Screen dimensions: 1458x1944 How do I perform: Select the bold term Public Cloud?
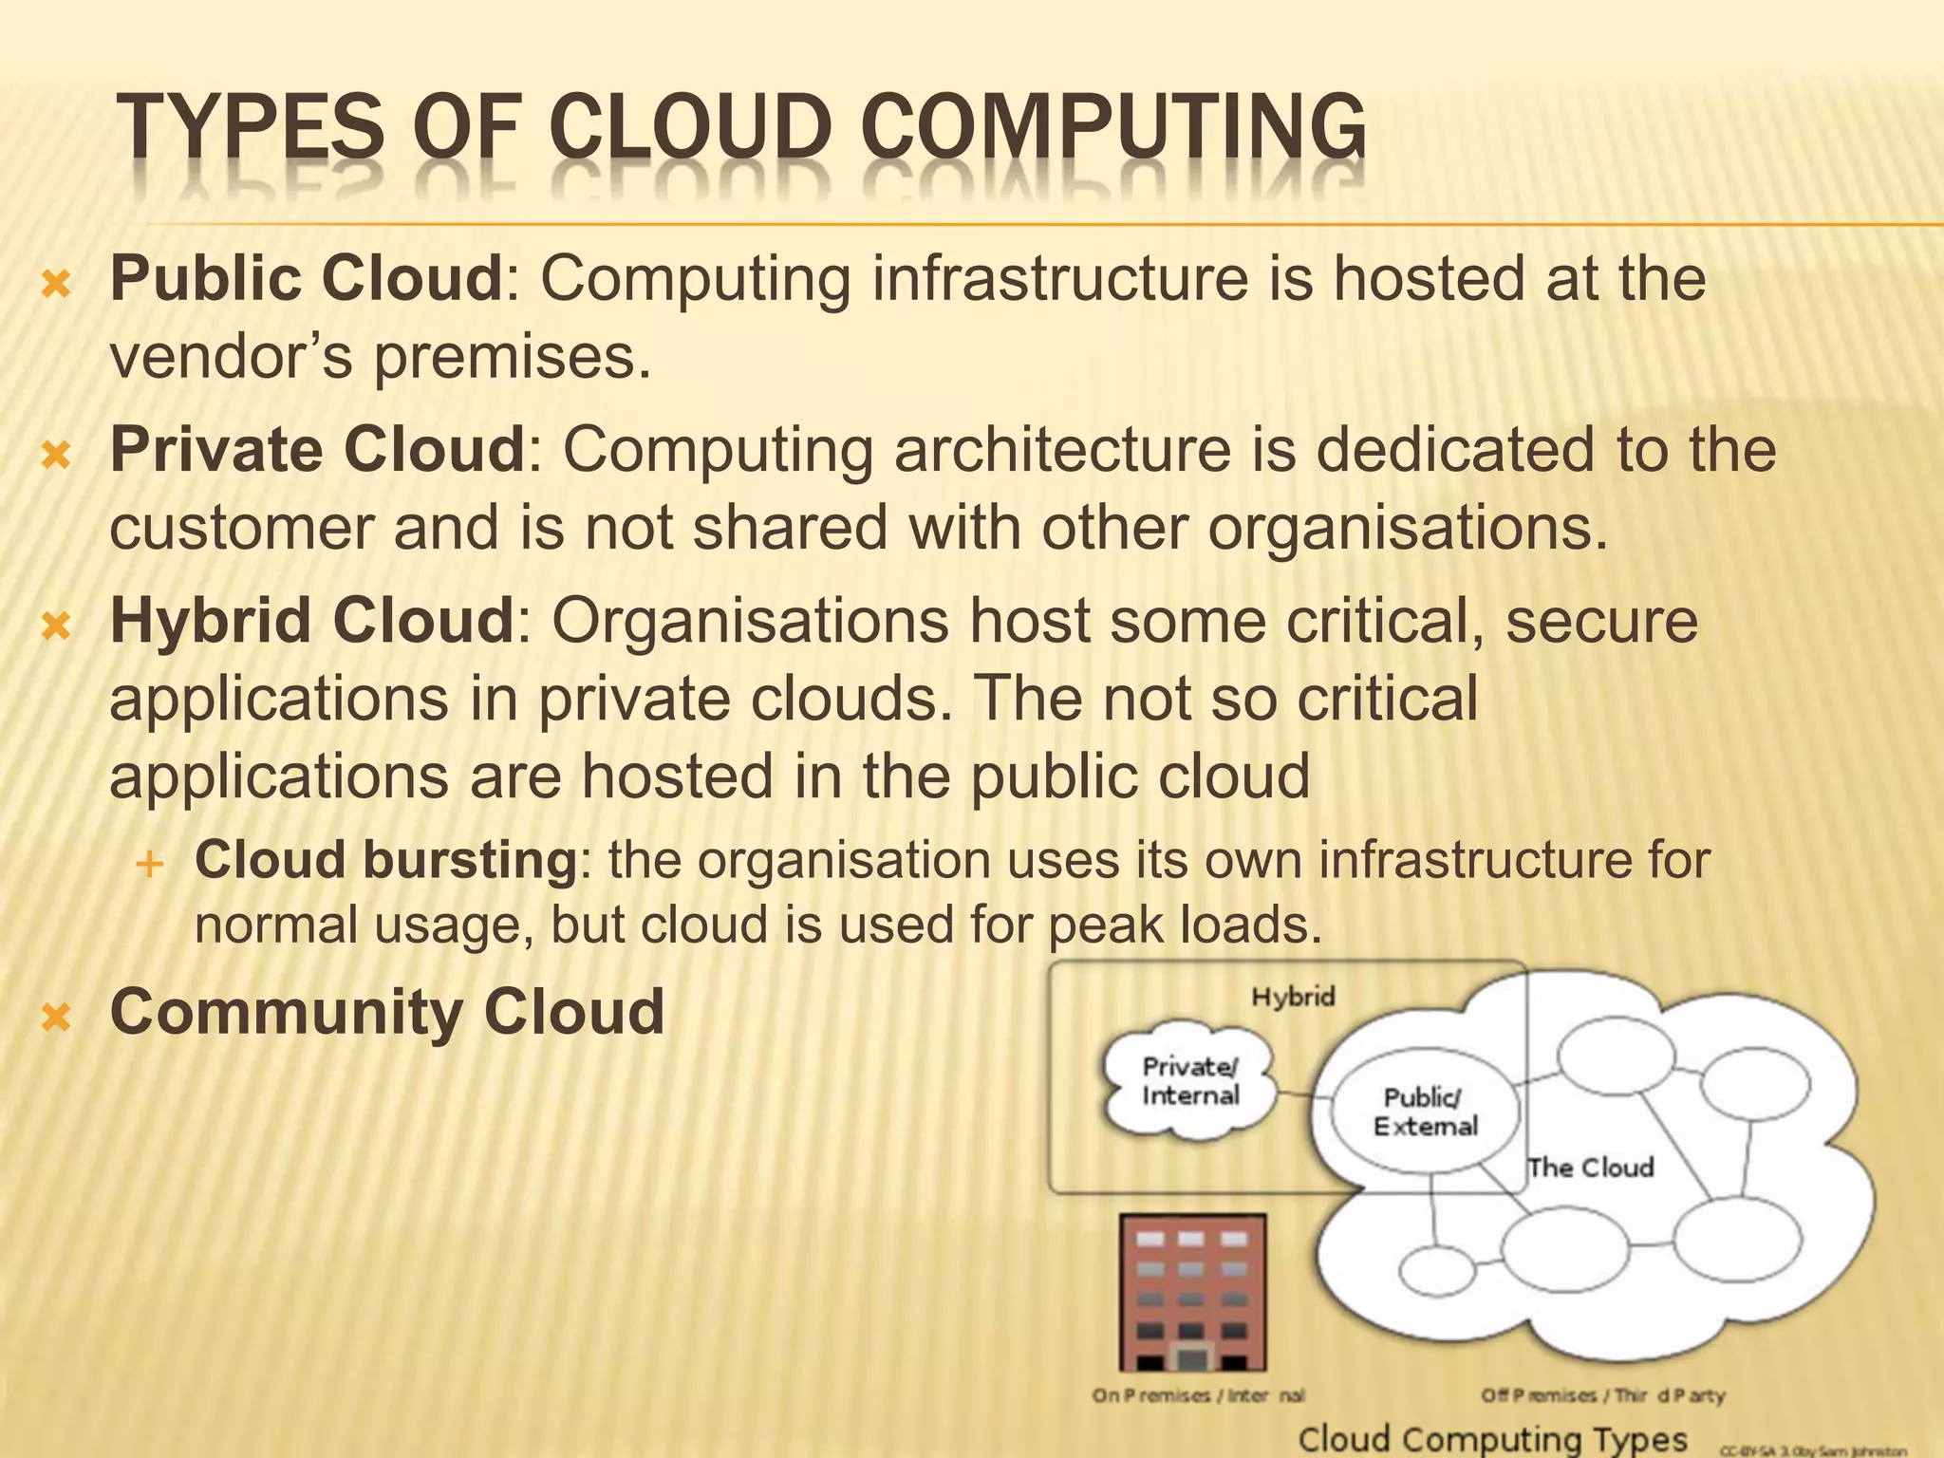click(x=306, y=278)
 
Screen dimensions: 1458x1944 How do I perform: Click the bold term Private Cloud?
click(x=317, y=449)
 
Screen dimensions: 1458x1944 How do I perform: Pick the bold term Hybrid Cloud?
click(x=311, y=621)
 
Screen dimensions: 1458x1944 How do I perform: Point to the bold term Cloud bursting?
click(x=385, y=860)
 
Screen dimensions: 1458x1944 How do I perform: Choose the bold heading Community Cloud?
click(x=387, y=1012)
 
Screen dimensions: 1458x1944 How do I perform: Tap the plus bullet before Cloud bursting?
click(x=149, y=864)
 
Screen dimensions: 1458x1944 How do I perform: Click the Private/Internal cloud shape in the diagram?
click(x=1190, y=1083)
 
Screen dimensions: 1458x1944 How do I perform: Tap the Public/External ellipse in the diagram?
click(x=1425, y=1112)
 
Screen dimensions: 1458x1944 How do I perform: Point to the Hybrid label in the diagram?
click(x=1293, y=997)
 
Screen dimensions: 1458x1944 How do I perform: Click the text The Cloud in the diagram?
click(x=1590, y=1168)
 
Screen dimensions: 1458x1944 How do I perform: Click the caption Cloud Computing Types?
click(x=1492, y=1438)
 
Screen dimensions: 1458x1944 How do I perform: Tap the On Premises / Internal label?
click(x=1198, y=1395)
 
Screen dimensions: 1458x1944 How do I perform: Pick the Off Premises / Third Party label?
click(x=1603, y=1395)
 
